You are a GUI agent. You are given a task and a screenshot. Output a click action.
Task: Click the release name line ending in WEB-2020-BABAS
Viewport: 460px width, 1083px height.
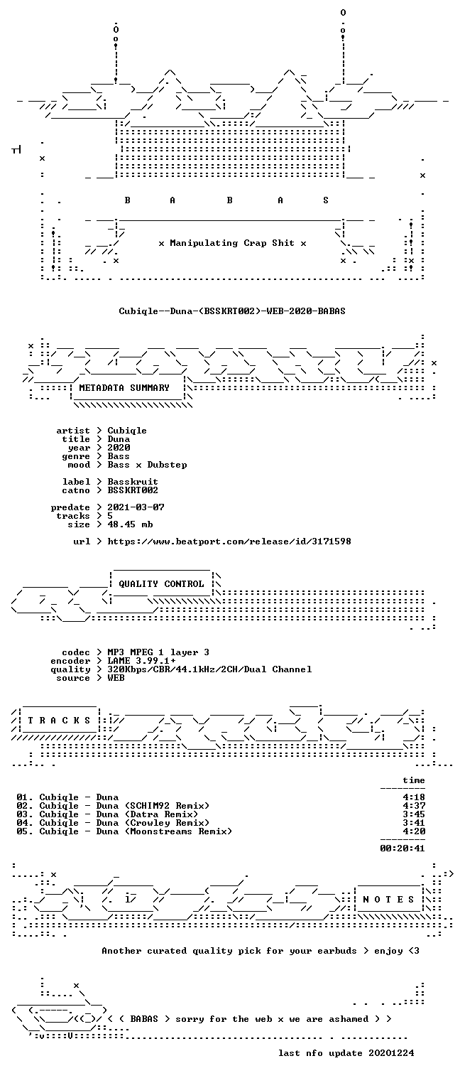coord(232,311)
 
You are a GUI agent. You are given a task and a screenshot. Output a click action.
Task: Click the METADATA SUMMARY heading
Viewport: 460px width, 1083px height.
coord(124,388)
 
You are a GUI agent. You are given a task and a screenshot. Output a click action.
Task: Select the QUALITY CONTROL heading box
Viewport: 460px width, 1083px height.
coord(161,583)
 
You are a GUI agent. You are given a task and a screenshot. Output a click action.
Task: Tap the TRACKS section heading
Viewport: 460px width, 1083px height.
coord(59,721)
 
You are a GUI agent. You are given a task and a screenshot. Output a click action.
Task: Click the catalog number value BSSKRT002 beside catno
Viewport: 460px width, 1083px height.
coord(133,490)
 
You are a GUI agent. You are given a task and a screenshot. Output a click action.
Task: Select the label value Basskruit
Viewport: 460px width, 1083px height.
coord(133,482)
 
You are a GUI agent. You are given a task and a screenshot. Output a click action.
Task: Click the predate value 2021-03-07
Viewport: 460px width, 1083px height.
coord(136,507)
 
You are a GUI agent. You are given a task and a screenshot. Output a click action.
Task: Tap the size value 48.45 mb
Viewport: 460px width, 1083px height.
coord(130,524)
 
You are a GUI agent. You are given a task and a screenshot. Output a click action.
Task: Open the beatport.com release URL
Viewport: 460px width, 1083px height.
coord(229,541)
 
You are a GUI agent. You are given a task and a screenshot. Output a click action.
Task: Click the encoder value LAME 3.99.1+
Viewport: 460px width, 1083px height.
coord(141,661)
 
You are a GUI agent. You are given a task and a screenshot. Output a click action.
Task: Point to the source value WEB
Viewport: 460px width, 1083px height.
coord(116,678)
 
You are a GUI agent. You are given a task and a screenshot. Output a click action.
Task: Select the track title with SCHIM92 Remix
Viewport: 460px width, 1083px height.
coord(125,806)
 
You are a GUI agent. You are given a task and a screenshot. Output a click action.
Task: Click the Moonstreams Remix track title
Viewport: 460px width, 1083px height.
coord(136,831)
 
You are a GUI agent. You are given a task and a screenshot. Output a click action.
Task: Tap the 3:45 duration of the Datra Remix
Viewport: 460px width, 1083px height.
coord(414,814)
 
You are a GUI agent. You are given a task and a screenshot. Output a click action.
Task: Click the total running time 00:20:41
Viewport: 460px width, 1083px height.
coord(402,848)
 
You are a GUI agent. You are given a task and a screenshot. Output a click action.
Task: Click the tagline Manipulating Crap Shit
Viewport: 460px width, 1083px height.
coord(232,243)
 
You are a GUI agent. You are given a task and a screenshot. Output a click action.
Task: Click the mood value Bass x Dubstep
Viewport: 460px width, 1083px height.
coord(148,465)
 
